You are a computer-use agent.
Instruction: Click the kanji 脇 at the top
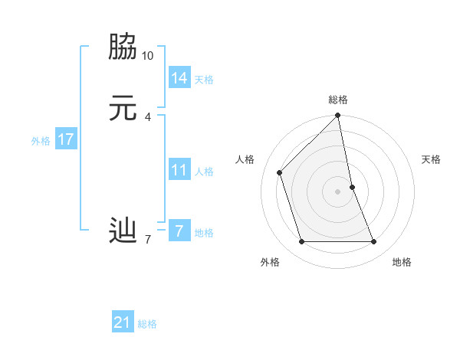pos(123,47)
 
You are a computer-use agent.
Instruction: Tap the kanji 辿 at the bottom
pos(123,230)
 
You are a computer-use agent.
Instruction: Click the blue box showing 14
pos(179,78)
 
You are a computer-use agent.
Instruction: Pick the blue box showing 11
pos(179,170)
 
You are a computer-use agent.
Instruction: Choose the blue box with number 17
pos(66,139)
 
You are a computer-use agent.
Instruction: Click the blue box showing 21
pos(123,322)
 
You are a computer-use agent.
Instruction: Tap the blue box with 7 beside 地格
pos(179,231)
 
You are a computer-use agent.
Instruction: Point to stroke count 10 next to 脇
pos(148,56)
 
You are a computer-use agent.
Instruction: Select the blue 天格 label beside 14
pos(204,80)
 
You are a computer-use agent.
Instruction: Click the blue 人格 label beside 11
pos(204,172)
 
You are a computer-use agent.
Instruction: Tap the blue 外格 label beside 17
pos(41,141)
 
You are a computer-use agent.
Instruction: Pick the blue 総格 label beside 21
pos(147,324)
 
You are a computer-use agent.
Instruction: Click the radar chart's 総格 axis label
pos(338,100)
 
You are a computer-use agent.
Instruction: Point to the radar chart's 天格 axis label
pos(431,159)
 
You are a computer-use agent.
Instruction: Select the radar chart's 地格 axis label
pos(402,263)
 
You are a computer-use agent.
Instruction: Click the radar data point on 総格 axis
pos(338,116)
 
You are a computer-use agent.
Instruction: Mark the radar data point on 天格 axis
pos(353,186)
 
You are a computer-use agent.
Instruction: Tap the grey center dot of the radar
pos(338,191)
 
